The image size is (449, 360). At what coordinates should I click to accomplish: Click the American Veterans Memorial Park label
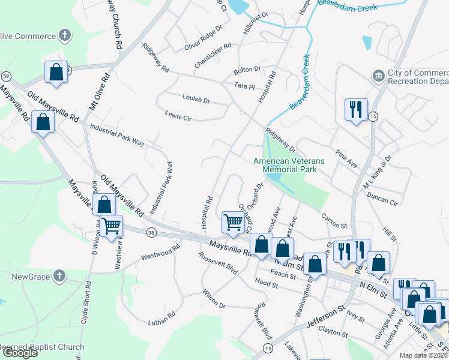click(289, 165)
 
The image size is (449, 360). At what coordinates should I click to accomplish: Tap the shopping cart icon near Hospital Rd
click(232, 221)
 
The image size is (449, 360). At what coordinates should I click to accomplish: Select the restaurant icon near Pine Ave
click(355, 110)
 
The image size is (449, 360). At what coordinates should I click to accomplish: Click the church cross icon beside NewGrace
click(58, 276)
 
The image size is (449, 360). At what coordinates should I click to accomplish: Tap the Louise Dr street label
click(196, 98)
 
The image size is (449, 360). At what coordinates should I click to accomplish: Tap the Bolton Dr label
click(248, 70)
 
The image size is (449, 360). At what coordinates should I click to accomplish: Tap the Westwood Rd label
click(160, 252)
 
